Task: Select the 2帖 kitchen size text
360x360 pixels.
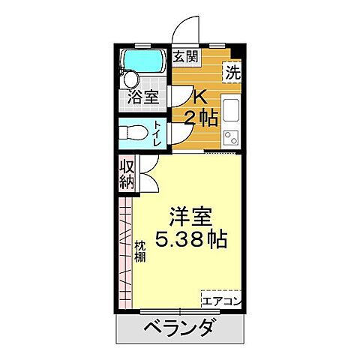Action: [202, 118]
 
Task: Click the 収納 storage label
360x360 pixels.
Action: [125, 177]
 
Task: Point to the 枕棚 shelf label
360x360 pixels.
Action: [139, 250]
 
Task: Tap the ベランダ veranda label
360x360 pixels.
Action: [179, 328]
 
